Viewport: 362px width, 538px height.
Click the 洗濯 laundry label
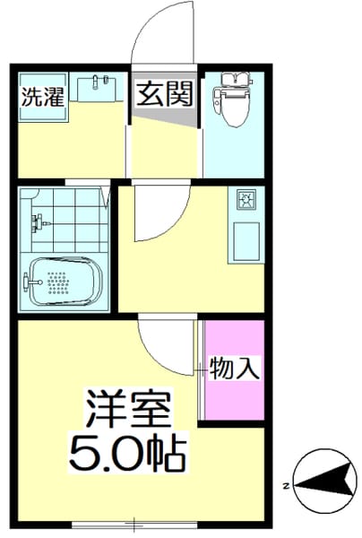[x=43, y=96]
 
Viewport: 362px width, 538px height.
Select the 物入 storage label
[x=235, y=368]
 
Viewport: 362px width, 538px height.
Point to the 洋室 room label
[x=129, y=412]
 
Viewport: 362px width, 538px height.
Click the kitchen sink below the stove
[x=246, y=239]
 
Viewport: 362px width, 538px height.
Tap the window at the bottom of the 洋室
[x=134, y=523]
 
